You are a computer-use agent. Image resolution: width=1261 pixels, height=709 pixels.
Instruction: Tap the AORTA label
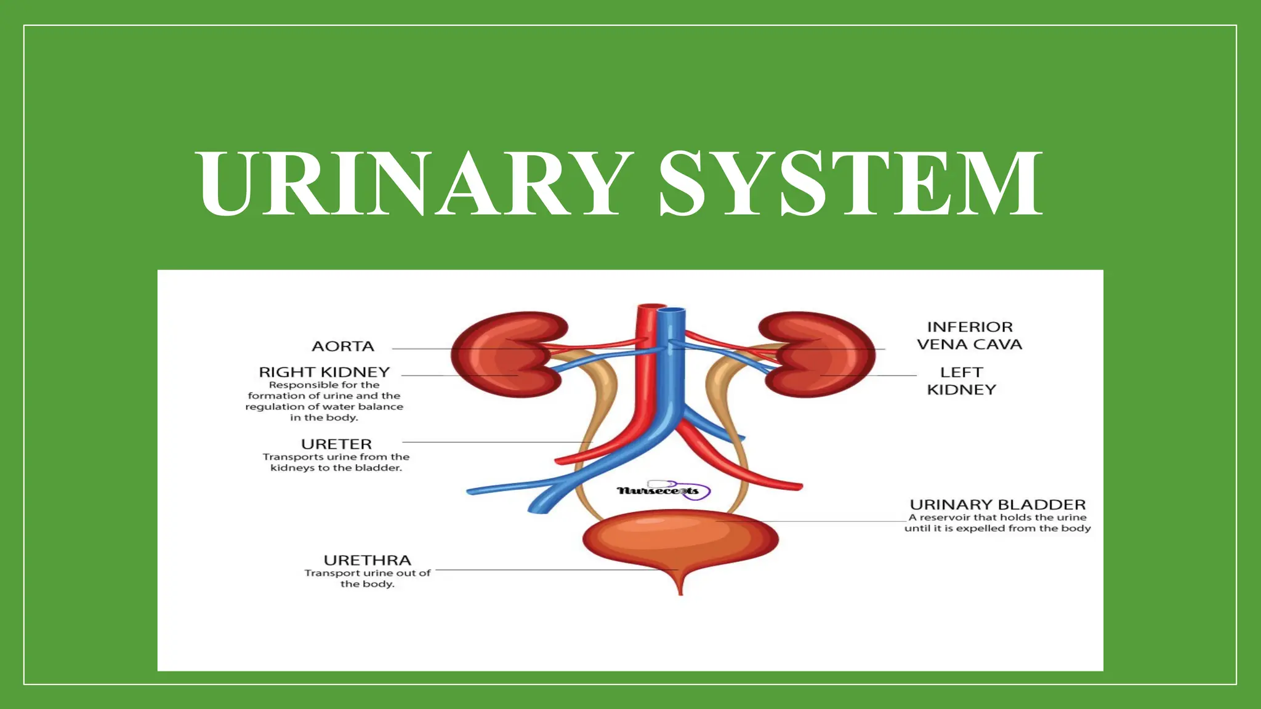(343, 346)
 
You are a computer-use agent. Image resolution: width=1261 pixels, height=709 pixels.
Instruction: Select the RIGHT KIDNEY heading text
(324, 372)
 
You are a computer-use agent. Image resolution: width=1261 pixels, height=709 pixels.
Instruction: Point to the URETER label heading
(336, 444)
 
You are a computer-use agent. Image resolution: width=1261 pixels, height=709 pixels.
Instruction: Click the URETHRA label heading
(368, 561)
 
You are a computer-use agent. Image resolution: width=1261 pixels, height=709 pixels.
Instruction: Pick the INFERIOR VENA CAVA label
(969, 336)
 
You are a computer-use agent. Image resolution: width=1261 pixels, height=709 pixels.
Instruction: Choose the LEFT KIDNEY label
(961, 381)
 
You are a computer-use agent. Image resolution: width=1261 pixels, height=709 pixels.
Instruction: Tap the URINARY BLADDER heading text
(997, 505)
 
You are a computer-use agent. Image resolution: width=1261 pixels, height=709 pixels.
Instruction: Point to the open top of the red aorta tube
(649, 306)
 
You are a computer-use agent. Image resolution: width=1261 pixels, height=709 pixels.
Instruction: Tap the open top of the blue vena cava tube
(672, 311)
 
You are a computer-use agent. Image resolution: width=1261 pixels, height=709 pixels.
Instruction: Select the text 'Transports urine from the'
(336, 457)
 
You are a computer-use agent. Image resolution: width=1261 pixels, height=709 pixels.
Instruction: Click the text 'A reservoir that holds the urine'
(997, 518)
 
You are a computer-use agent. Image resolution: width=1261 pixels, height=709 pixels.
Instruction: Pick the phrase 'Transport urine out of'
(368, 573)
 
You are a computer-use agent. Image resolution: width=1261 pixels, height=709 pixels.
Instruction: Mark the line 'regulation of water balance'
(324, 407)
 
